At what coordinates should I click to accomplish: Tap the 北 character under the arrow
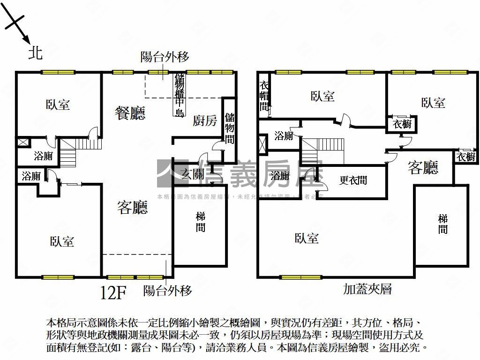35,52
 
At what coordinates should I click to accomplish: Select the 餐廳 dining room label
130,112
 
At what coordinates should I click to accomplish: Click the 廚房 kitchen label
205,121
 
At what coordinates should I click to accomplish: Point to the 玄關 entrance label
193,175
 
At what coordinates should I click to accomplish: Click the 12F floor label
114,293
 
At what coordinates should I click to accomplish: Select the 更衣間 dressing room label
353,180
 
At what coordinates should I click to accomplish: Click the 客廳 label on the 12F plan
132,207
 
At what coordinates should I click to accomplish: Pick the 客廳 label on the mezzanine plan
423,167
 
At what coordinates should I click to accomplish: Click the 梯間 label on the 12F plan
201,222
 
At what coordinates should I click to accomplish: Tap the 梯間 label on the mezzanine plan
443,224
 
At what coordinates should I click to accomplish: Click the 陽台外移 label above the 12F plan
165,57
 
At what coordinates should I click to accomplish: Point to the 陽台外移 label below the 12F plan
167,291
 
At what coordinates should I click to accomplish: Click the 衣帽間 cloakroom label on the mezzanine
264,96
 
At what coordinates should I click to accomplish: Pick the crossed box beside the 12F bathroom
22,142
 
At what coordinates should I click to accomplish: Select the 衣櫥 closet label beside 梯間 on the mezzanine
466,157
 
